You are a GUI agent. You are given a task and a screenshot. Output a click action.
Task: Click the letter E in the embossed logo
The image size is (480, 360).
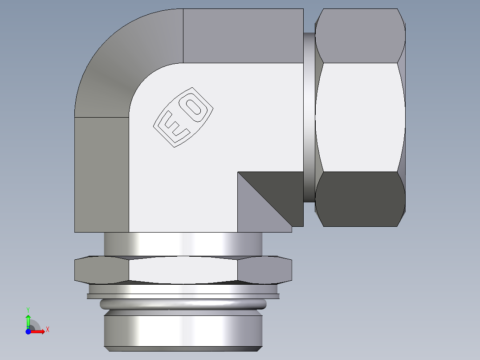pos(172,128)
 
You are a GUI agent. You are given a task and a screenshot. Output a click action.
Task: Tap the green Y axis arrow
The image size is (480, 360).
pos(28,320)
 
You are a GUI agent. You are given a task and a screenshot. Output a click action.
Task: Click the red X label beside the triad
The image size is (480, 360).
pos(47,330)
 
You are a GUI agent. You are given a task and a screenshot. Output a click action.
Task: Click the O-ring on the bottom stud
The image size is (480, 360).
pos(183,304)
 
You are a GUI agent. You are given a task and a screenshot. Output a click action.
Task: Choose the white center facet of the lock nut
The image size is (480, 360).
pos(183,270)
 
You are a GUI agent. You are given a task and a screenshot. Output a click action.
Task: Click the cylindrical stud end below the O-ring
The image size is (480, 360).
pos(183,330)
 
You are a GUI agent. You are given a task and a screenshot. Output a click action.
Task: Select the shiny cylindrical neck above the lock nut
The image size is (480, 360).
pos(183,244)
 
